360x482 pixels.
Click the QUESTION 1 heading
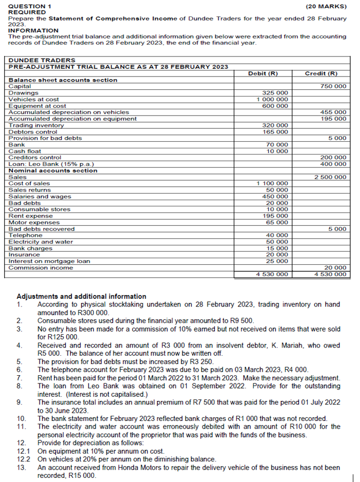(30, 6)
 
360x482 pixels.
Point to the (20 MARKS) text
(326, 6)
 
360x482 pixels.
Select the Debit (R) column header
(263, 73)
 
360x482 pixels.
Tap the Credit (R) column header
(321, 73)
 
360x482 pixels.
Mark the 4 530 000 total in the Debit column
(272, 275)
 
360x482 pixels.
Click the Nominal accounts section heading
(53, 170)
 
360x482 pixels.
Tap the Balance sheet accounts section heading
(63, 80)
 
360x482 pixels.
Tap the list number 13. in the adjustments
(22, 468)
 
